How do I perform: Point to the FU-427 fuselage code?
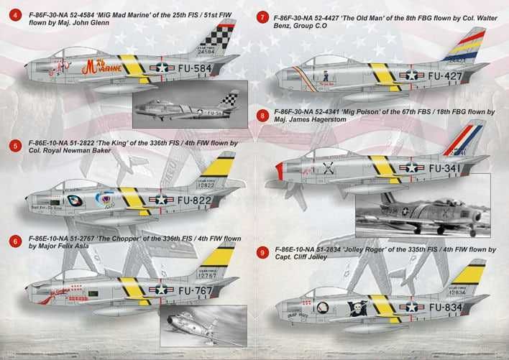tap(445, 74)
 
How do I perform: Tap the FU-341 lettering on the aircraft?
tap(445, 167)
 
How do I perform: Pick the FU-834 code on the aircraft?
tap(446, 307)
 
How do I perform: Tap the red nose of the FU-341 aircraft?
tap(279, 171)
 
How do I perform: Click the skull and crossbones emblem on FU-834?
tap(355, 308)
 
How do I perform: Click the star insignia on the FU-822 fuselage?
tap(161, 200)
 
